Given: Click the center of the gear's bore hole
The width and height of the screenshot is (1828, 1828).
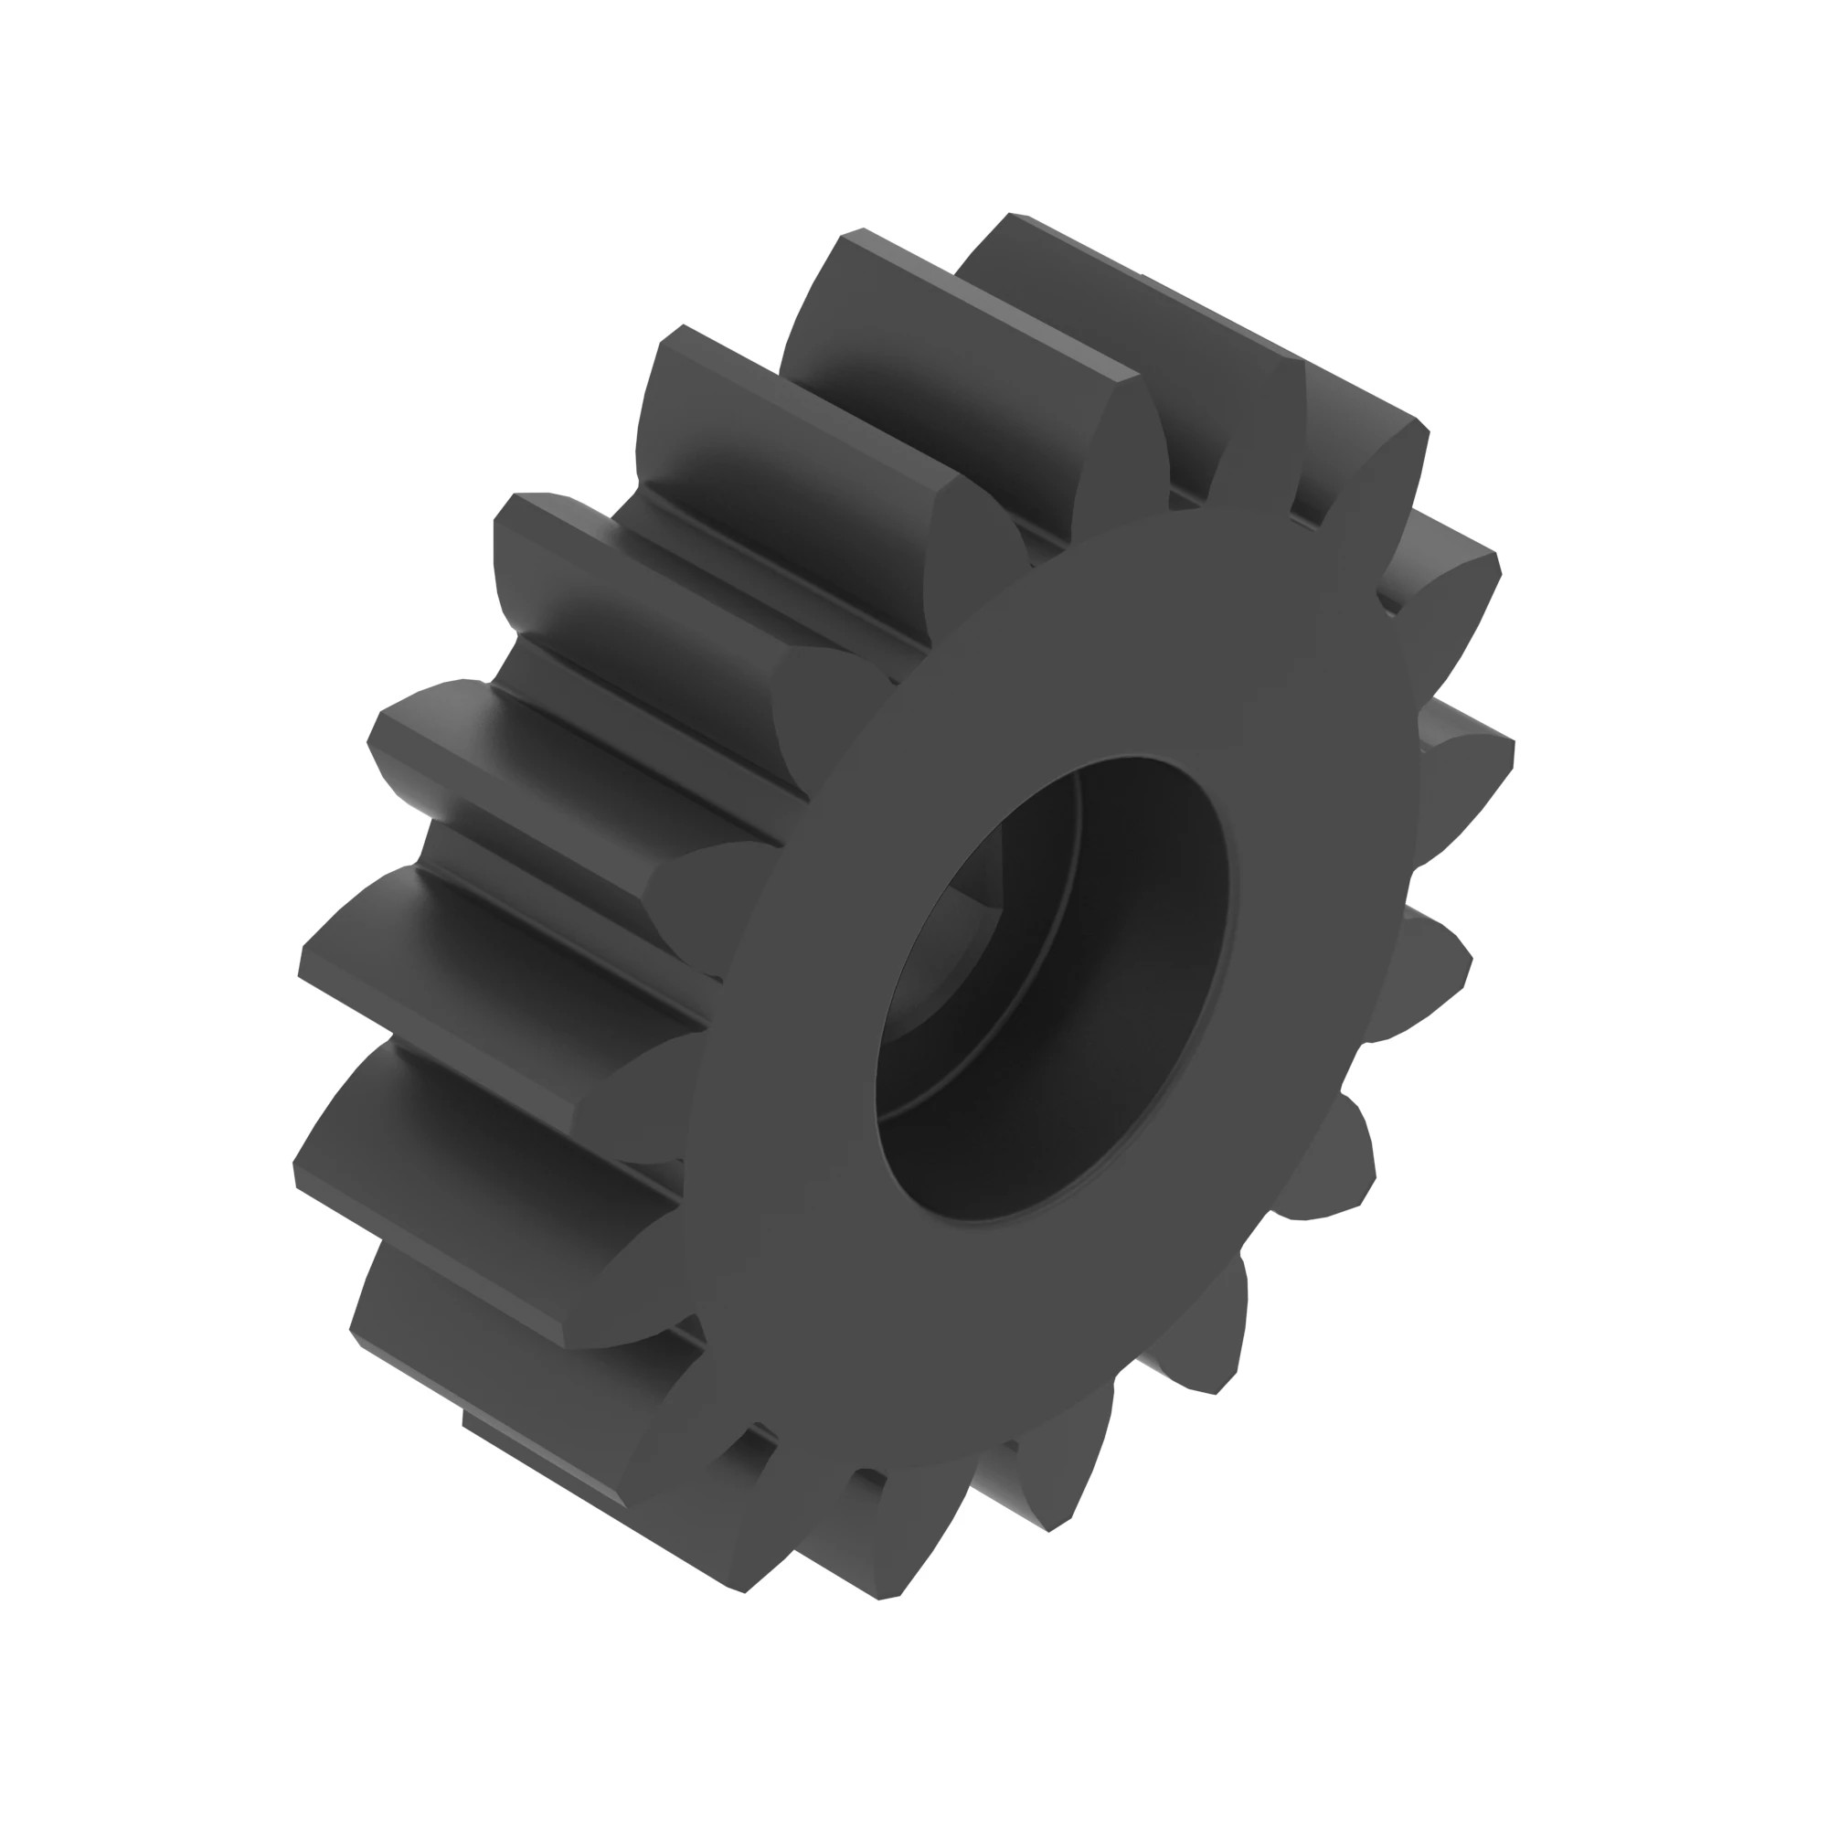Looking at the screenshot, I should [x=1050, y=989].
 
